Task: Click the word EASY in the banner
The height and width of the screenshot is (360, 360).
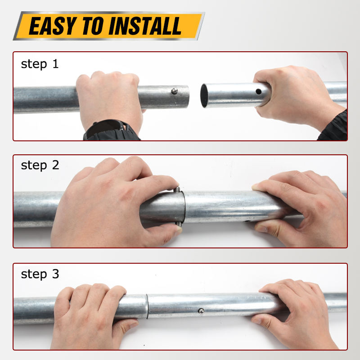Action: coord(53,26)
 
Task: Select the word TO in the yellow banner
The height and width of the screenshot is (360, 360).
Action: coord(93,26)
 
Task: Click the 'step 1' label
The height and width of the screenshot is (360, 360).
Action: coord(40,64)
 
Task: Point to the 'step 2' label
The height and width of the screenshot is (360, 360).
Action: coord(40,165)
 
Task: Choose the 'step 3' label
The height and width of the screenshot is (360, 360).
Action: coord(40,274)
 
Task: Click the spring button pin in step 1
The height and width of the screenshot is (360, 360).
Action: coord(175,91)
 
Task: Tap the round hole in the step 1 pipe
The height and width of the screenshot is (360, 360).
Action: coord(258,92)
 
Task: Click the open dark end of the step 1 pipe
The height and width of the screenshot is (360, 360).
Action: coord(204,95)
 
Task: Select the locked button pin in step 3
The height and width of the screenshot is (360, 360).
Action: coord(201,311)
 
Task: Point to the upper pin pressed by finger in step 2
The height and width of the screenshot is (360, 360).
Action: coord(177,189)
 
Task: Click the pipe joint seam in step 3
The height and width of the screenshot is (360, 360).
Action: coord(147,306)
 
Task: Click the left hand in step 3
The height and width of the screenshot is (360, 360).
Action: coord(92,317)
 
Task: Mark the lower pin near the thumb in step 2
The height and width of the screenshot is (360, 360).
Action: coord(179,224)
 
